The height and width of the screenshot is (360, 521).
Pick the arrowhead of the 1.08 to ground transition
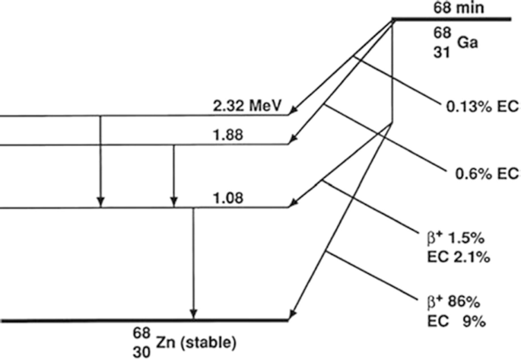[x=194, y=314]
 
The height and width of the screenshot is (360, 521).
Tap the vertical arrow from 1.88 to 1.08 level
[x=173, y=175]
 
